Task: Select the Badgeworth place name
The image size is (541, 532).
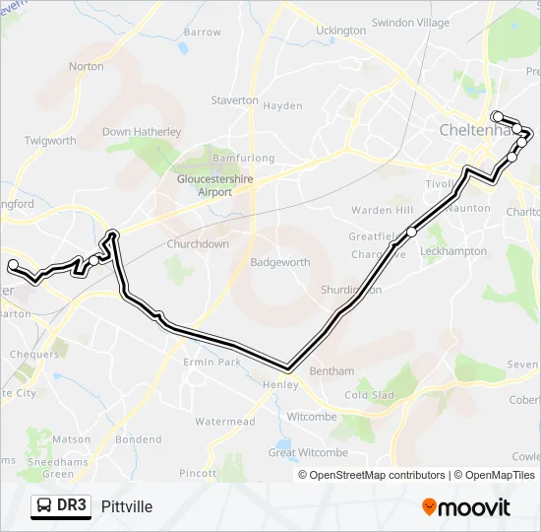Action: (280, 263)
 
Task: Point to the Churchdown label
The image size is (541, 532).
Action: (198, 244)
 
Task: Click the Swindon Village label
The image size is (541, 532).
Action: (410, 23)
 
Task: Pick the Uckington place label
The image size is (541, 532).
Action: (340, 31)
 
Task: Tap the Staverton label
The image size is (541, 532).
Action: (235, 100)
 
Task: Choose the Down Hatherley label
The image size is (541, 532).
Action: (143, 132)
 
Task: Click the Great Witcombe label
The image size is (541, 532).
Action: (308, 452)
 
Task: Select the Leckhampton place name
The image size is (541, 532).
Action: (453, 251)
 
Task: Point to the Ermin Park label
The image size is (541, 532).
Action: (211, 363)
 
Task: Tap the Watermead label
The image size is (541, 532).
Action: (224, 422)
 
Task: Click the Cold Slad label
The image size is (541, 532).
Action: (369, 395)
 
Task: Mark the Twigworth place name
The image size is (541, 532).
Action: (50, 141)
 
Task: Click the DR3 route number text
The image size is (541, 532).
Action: (72, 506)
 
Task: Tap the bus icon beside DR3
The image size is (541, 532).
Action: (44, 506)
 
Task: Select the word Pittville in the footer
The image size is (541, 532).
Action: (127, 506)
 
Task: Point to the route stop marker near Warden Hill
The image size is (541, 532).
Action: (411, 232)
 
